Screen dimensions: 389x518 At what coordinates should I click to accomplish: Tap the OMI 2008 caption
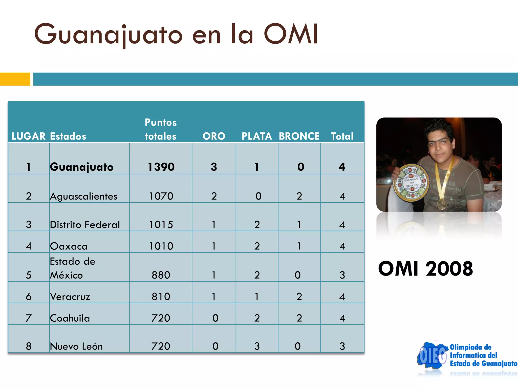[425, 269]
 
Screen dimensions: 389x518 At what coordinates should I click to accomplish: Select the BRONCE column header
[299, 136]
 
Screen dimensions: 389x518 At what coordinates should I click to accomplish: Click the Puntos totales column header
[161, 129]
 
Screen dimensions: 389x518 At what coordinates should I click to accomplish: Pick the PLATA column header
[257, 136]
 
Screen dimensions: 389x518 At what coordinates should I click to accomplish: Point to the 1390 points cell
[161, 167]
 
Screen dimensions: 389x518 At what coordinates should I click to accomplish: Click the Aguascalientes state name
[83, 196]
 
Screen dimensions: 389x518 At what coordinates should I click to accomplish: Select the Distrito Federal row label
[85, 225]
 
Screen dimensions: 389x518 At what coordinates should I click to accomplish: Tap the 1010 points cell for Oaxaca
[161, 246]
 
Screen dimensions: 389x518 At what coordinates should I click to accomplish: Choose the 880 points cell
[161, 275]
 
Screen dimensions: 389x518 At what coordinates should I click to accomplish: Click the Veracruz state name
[70, 297]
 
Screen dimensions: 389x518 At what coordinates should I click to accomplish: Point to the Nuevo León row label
[76, 346]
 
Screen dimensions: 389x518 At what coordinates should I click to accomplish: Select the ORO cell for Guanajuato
[214, 167]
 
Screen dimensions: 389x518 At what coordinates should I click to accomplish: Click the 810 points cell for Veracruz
[161, 297]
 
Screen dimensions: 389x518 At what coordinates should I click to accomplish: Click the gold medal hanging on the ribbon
[442, 205]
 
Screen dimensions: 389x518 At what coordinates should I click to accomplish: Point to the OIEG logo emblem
[432, 356]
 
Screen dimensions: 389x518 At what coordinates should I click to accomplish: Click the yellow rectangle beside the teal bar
[15, 79]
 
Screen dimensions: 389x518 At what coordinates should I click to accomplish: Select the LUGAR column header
[28, 136]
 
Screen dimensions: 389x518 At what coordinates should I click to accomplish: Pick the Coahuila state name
[70, 318]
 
